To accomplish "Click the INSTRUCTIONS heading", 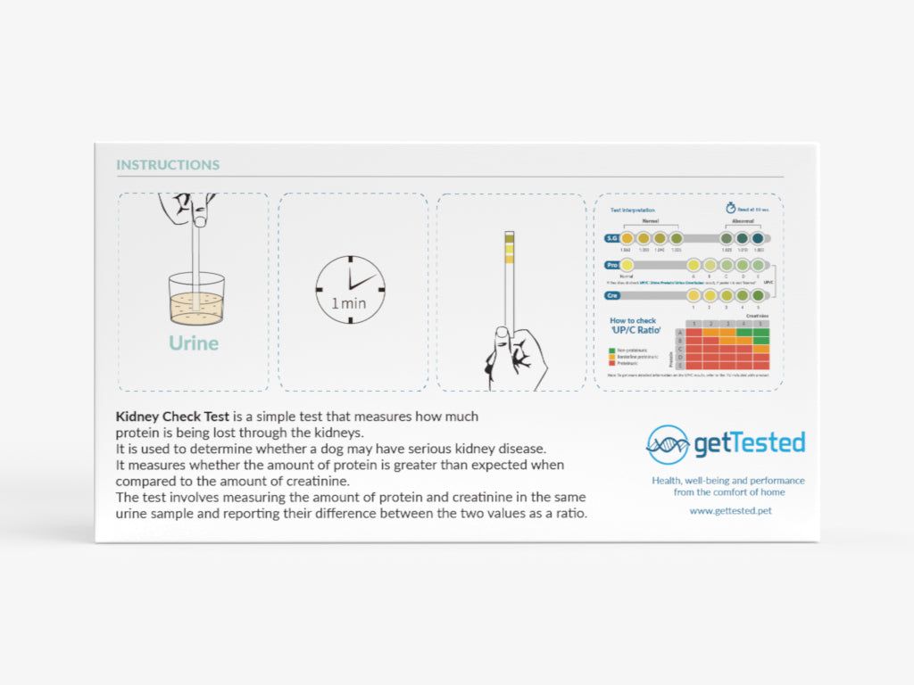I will click(x=168, y=165).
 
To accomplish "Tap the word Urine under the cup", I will click(x=194, y=342).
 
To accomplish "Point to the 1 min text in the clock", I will click(x=348, y=303).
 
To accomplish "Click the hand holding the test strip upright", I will click(x=518, y=357).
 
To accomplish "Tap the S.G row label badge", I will click(x=612, y=238).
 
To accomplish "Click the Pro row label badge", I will click(x=612, y=266).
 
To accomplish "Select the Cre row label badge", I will click(x=612, y=295).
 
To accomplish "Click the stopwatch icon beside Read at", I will click(x=730, y=209).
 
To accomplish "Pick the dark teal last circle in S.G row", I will click(x=758, y=238).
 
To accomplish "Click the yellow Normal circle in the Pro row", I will click(x=627, y=266).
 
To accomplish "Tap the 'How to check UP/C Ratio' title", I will click(x=633, y=326).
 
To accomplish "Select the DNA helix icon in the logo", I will click(x=668, y=444).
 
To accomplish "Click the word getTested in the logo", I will click(x=750, y=443).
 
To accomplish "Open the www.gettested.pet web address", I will click(x=730, y=511).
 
